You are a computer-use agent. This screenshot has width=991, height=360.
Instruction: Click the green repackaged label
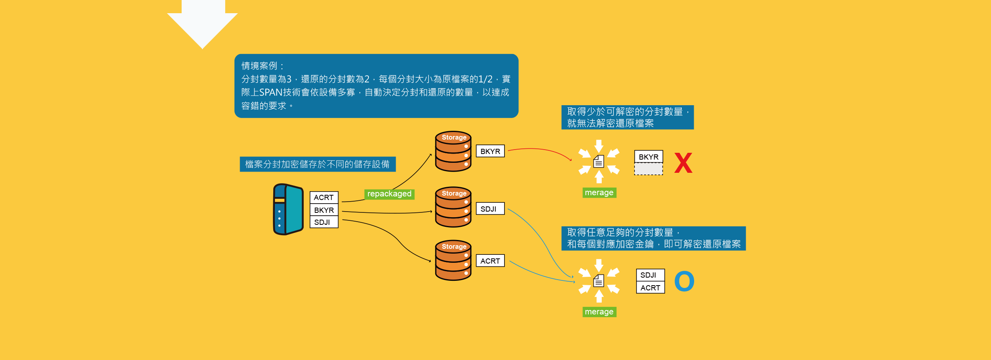click(389, 194)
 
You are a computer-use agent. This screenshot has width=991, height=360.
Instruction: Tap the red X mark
click(683, 163)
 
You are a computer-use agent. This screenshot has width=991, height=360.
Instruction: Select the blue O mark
click(684, 281)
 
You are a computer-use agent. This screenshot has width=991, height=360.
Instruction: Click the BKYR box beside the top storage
click(490, 151)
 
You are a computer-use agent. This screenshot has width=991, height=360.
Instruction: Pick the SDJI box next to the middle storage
click(490, 209)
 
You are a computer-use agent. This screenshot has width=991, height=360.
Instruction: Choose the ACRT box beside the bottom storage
click(490, 261)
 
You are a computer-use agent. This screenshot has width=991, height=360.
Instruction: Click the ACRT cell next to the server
click(324, 198)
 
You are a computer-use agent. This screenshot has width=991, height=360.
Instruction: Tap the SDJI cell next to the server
click(324, 222)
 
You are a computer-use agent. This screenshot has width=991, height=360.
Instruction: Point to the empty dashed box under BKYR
click(648, 169)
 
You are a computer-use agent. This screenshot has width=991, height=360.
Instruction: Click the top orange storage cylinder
click(453, 152)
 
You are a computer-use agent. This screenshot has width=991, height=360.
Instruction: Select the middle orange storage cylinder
click(453, 207)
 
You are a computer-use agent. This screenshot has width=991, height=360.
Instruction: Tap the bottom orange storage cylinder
click(453, 260)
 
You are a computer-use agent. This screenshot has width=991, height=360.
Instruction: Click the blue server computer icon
click(288, 209)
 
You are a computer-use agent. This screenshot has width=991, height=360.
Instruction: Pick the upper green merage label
click(599, 193)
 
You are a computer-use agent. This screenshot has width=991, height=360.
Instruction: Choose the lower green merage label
click(599, 312)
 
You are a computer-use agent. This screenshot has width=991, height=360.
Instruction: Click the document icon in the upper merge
click(599, 161)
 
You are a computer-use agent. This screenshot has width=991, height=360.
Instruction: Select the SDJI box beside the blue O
click(650, 275)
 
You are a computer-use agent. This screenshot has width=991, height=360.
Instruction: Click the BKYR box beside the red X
click(649, 157)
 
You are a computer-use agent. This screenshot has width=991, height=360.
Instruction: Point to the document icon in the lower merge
click(599, 281)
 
